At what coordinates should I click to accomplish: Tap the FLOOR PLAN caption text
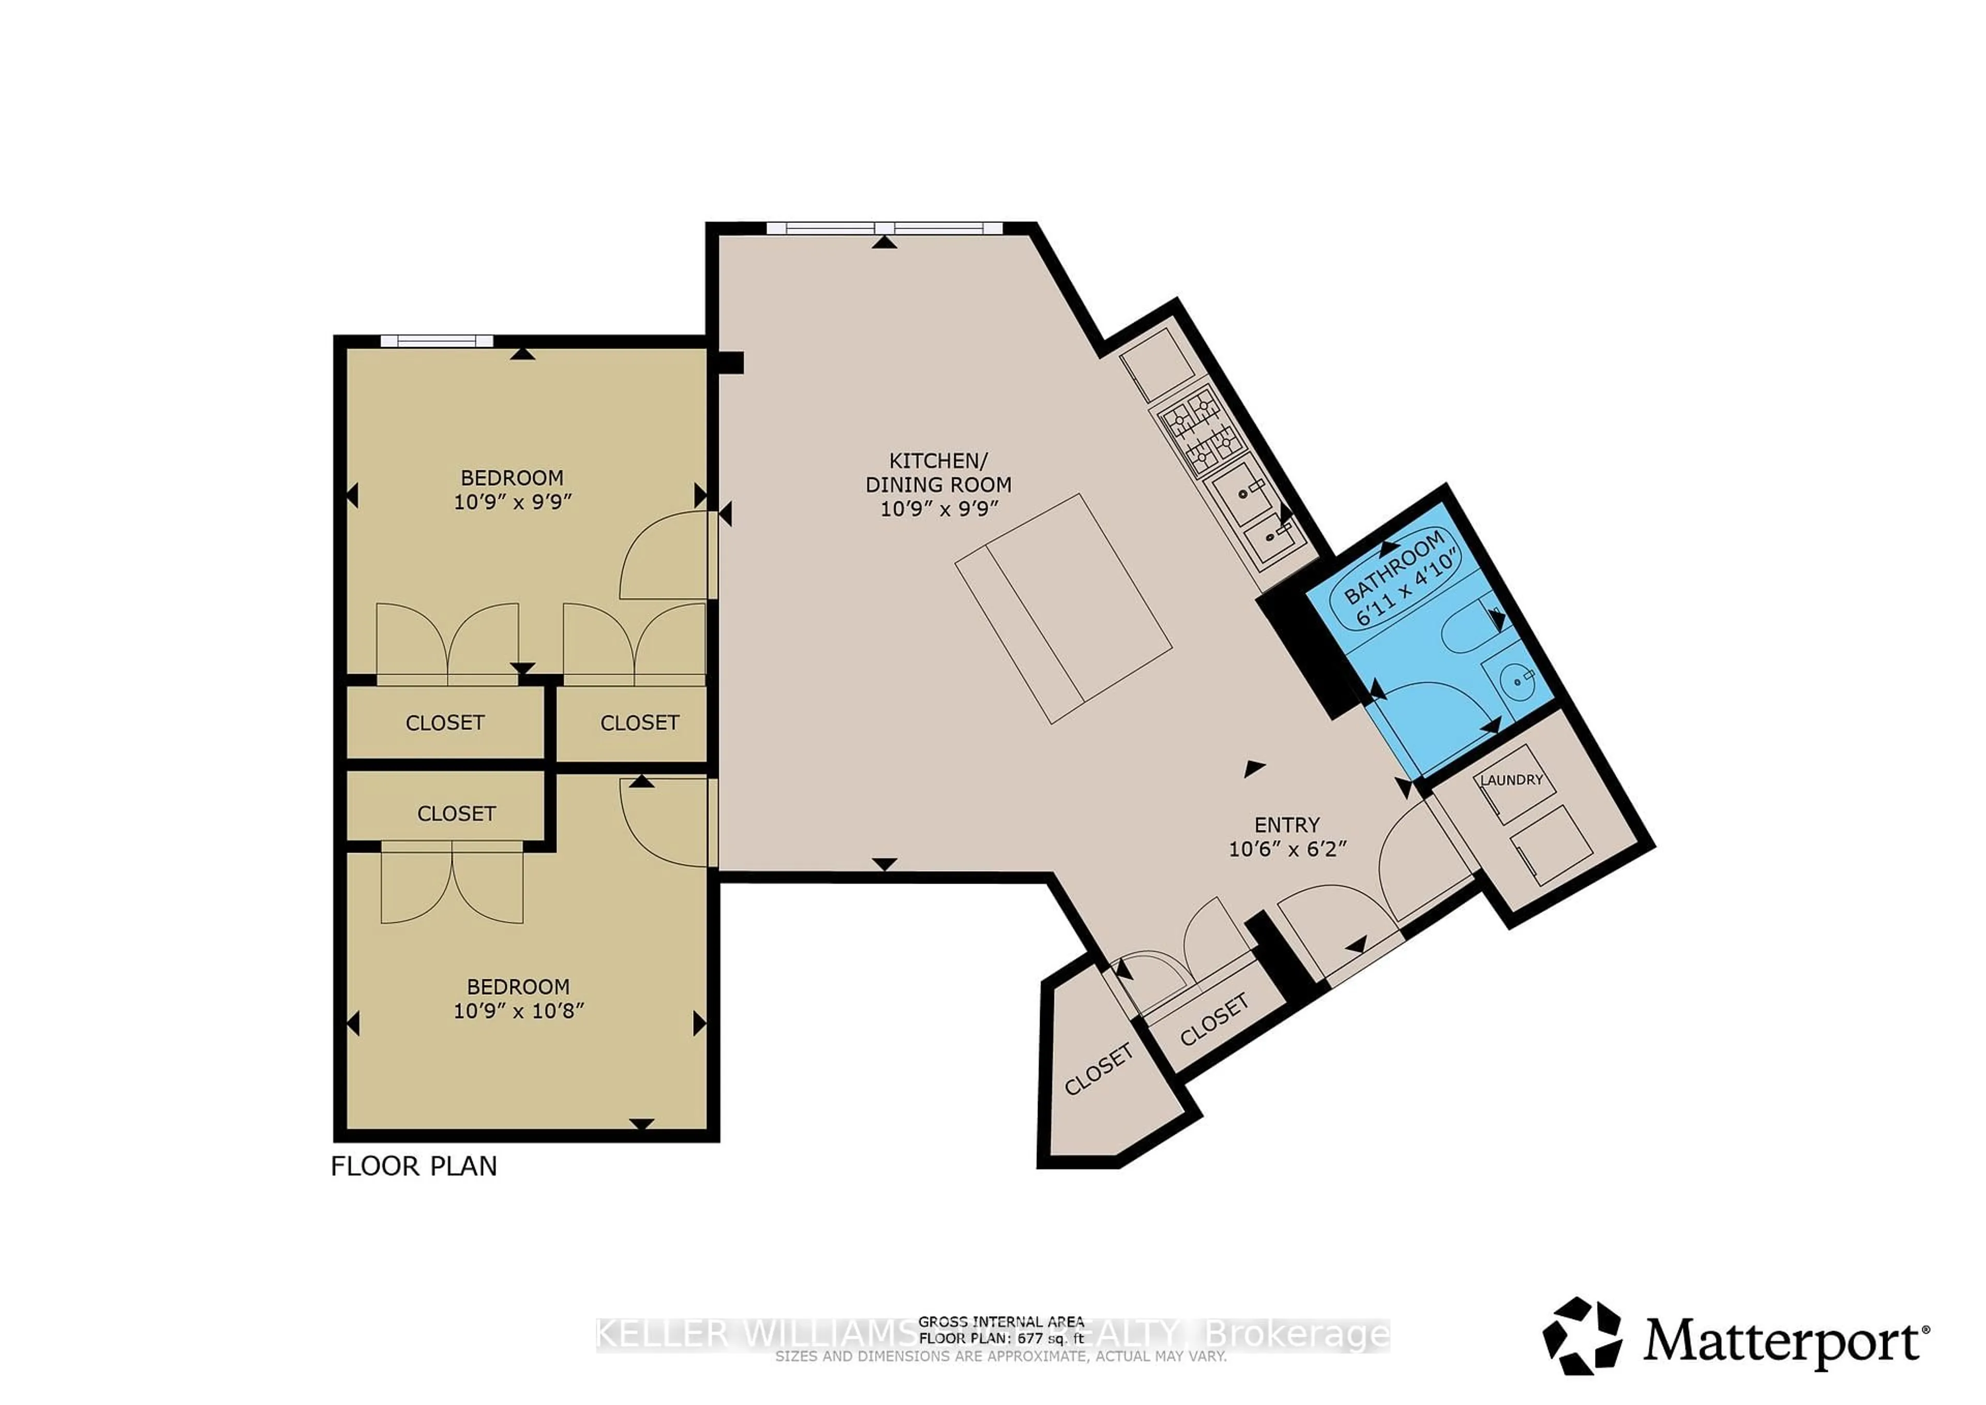click(x=413, y=1166)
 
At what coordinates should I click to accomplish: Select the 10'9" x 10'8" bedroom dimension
click(x=519, y=1010)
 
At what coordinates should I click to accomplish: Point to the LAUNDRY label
click(x=1512, y=780)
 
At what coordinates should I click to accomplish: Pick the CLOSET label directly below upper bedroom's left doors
click(x=445, y=722)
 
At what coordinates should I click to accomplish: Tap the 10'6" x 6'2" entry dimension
click(x=1288, y=849)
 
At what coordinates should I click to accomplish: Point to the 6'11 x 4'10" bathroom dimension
click(x=1407, y=590)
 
